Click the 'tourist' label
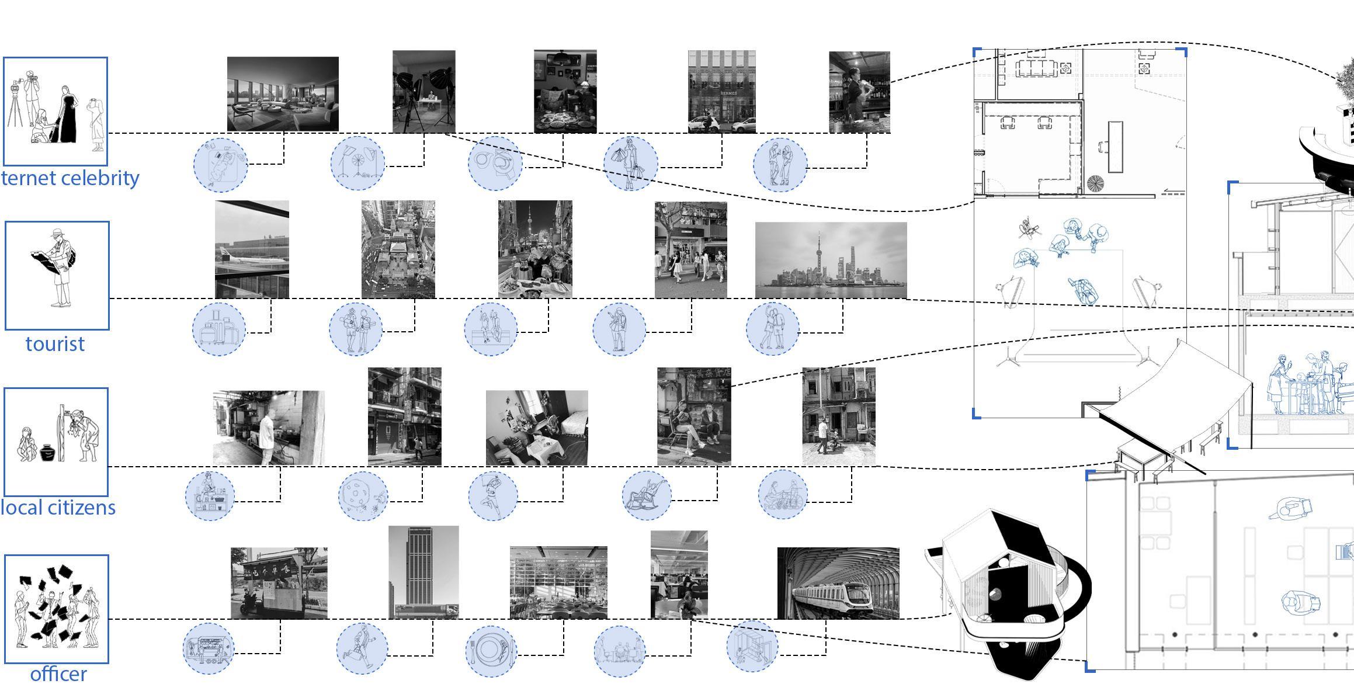(x=55, y=344)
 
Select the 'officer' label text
(x=58, y=673)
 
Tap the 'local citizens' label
(x=58, y=507)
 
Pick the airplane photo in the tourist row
(x=252, y=249)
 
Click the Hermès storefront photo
(x=721, y=92)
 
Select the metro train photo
(x=838, y=583)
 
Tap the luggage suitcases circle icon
(x=219, y=329)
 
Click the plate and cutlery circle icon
(x=491, y=651)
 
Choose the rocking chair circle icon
(x=647, y=495)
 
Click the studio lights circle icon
(x=357, y=163)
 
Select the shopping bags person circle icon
(x=630, y=163)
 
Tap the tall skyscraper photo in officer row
(x=423, y=572)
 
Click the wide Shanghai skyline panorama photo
(x=831, y=260)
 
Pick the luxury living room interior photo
(x=283, y=94)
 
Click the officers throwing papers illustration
(x=57, y=609)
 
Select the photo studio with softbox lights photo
(x=423, y=92)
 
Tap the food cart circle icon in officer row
(x=209, y=648)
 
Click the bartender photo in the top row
(x=859, y=92)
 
